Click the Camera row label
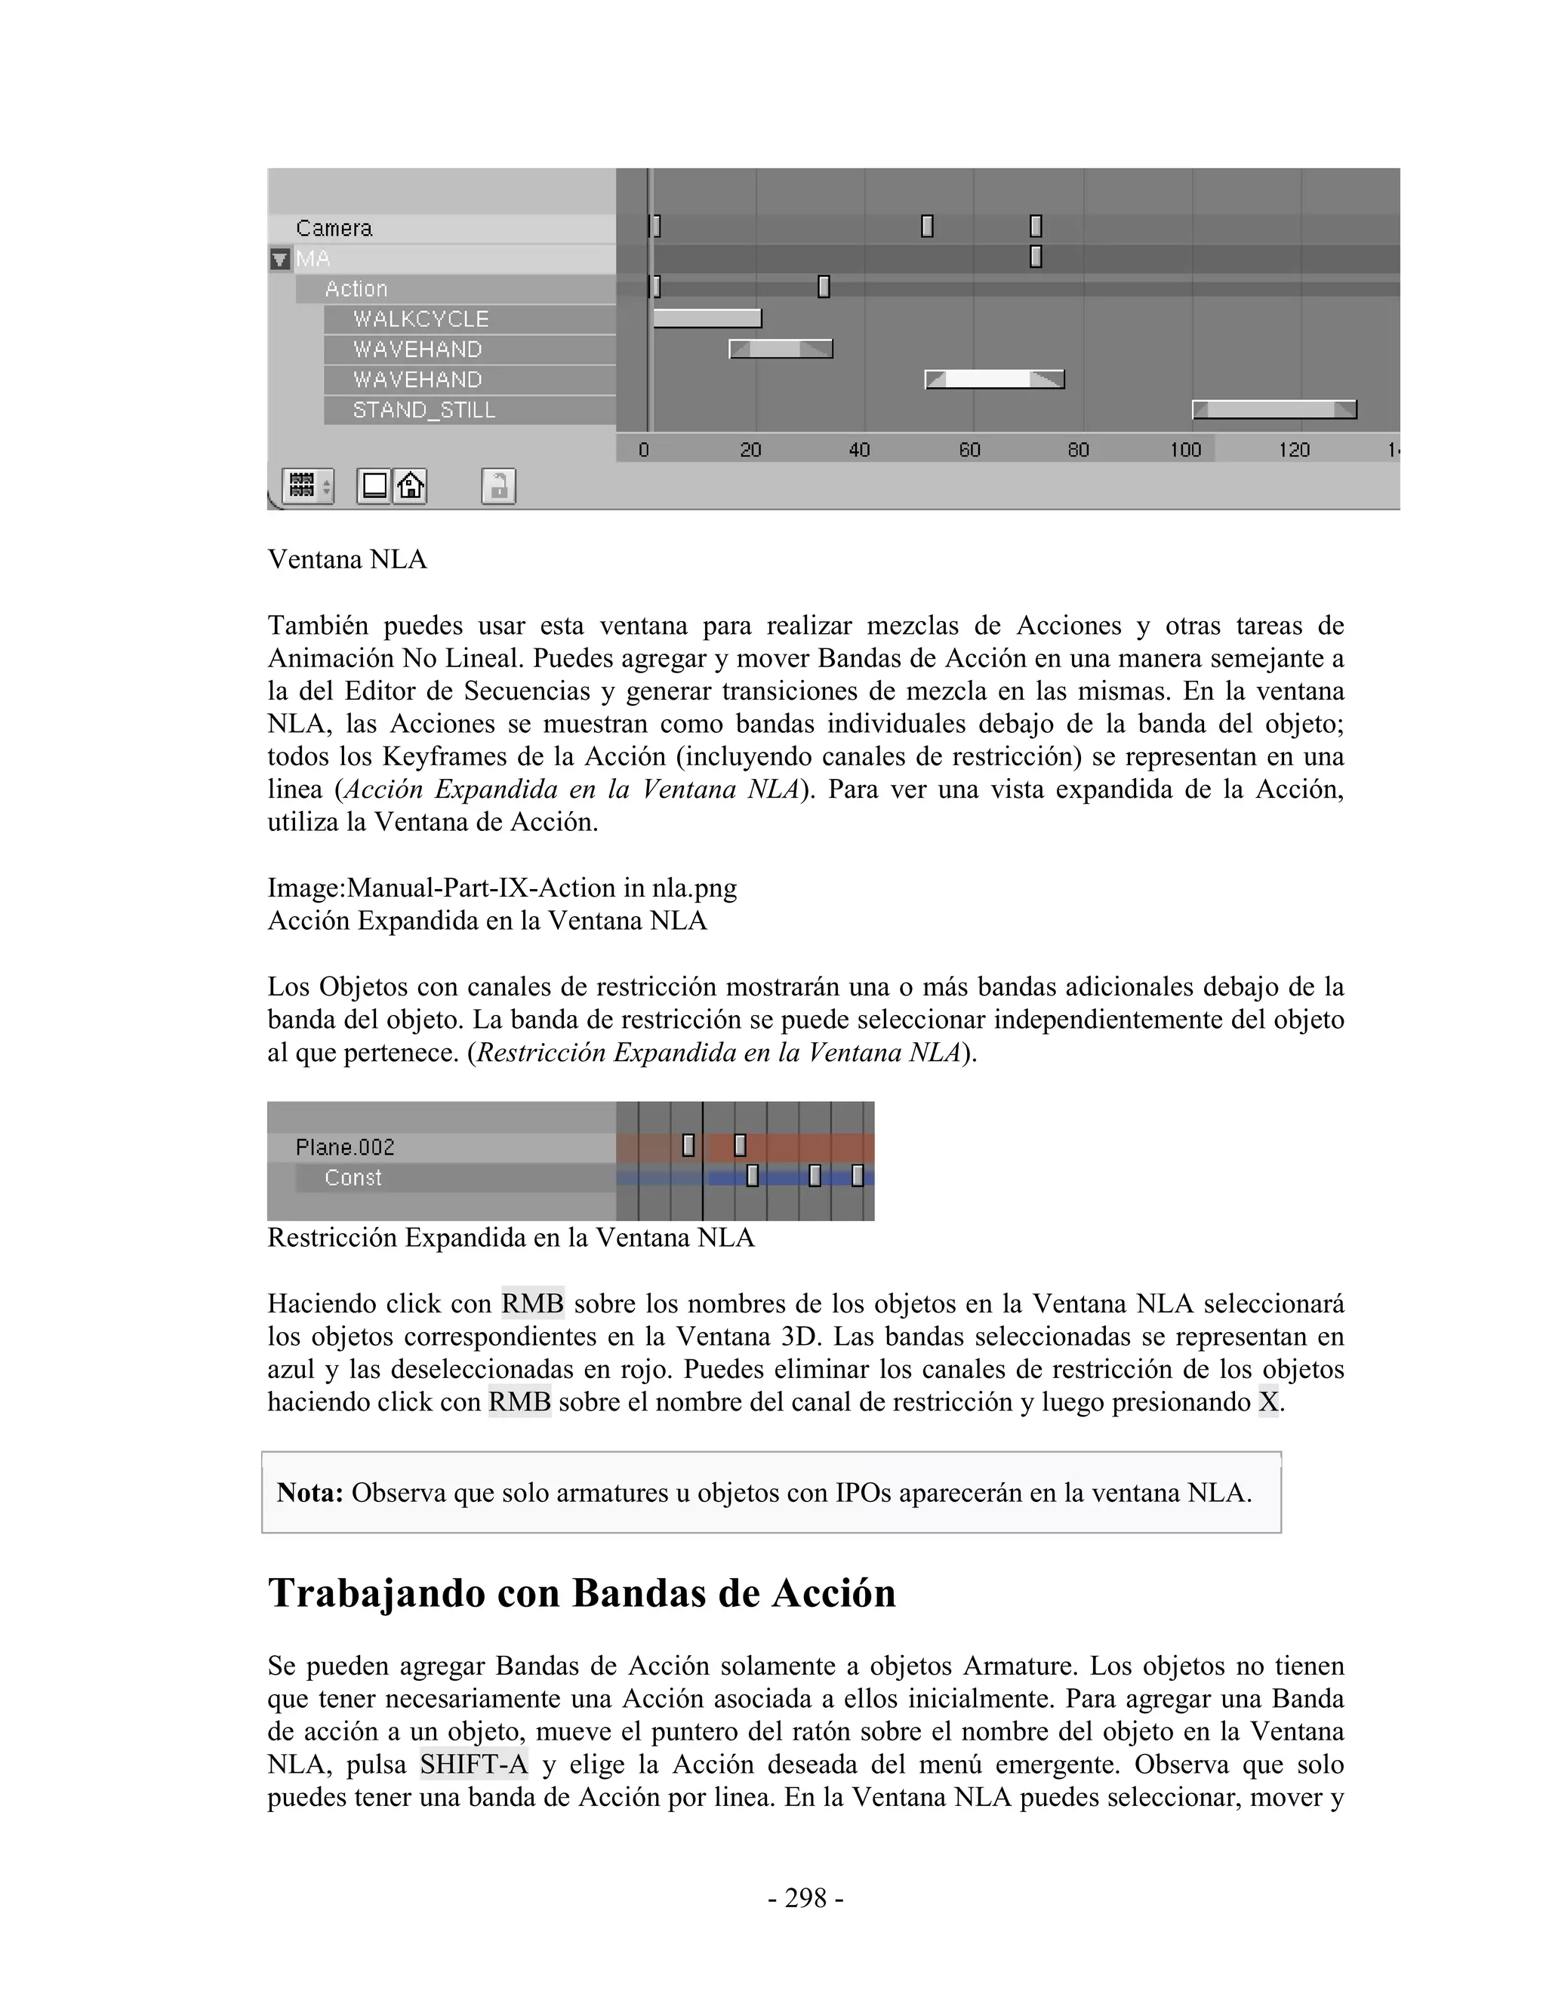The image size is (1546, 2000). click(334, 228)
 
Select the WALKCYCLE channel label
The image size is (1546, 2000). click(420, 319)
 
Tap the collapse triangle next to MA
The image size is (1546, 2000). click(280, 259)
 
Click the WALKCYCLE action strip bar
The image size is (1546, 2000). click(707, 318)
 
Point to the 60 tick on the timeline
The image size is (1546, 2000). click(969, 450)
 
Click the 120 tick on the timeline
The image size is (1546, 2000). click(1294, 450)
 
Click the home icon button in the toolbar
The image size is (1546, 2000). click(411, 485)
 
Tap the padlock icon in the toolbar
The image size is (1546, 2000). click(498, 486)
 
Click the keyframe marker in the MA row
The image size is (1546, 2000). click(1036, 257)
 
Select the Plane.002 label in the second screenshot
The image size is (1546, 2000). click(345, 1147)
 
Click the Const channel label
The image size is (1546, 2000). click(353, 1177)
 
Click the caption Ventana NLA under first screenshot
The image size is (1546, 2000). click(347, 559)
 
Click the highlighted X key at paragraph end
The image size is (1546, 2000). click(1267, 1402)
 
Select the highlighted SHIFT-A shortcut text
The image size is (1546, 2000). click(473, 1765)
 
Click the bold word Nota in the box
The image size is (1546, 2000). click(310, 1493)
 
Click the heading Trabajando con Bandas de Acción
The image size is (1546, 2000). click(581, 1593)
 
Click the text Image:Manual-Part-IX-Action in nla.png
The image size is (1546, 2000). click(502, 888)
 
